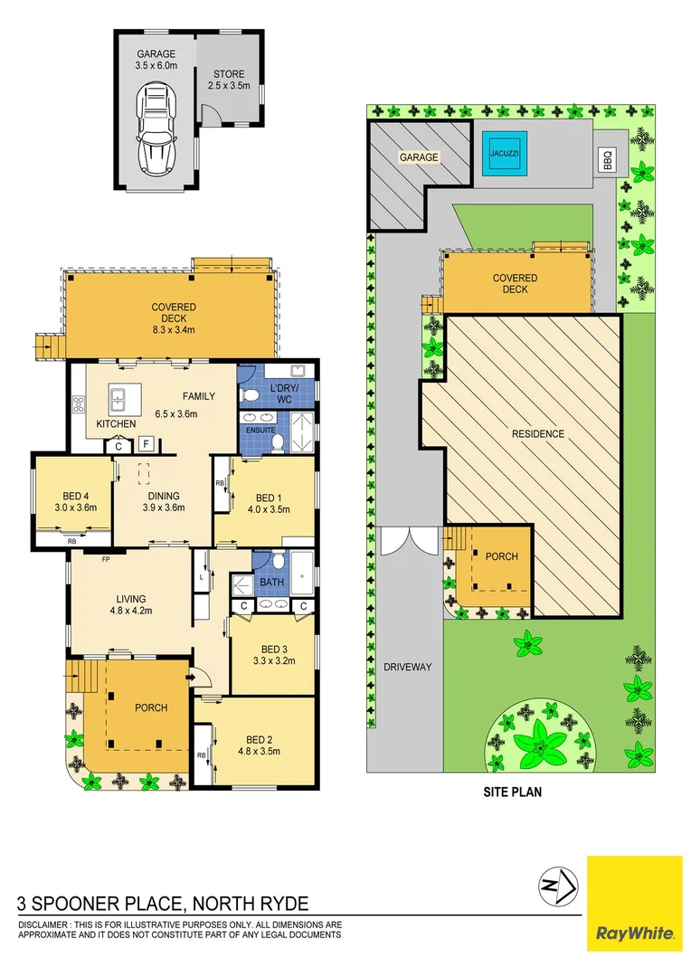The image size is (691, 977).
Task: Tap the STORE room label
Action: (x=228, y=74)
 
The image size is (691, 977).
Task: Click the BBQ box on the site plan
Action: (x=607, y=160)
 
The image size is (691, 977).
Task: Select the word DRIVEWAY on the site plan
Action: (x=407, y=668)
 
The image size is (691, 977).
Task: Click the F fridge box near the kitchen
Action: (x=145, y=444)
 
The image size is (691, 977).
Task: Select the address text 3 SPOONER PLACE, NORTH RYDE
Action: (x=164, y=903)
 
